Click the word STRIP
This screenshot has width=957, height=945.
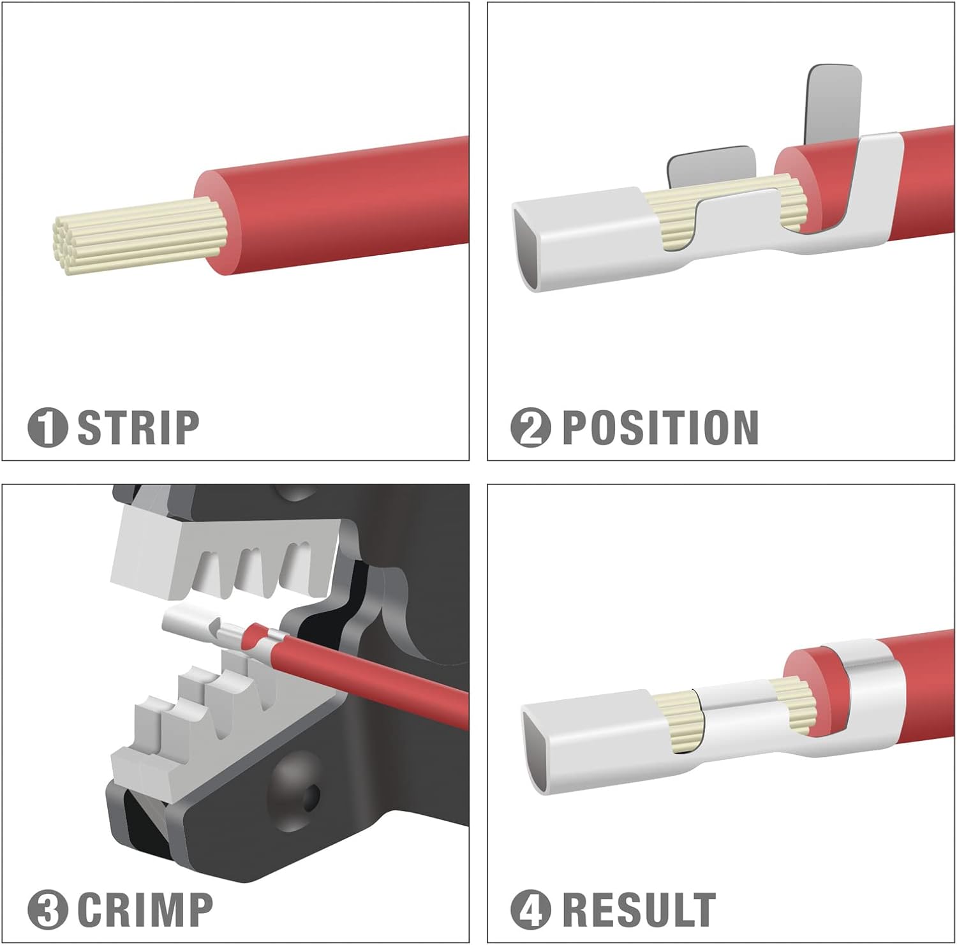pos(138,428)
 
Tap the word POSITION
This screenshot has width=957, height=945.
pos(660,428)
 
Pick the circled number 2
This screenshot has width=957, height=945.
pos(531,428)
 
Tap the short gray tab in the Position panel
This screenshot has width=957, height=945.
pos(711,167)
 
